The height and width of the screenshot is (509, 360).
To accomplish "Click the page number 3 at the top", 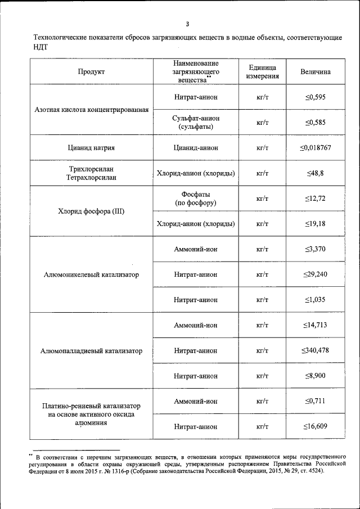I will pos(187,24).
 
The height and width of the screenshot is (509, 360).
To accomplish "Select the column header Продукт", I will pos(91,72).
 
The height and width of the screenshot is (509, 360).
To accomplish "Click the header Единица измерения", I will pos(262,72).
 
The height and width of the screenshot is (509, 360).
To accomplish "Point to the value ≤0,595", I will pos(316,97).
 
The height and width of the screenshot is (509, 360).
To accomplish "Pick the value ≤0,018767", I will pos(316,148).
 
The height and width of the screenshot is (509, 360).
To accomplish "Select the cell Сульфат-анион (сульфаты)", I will pos(195,123).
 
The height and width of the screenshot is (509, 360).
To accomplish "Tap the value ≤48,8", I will pos(316,173).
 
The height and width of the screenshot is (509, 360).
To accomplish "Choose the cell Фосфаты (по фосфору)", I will pos(195,199).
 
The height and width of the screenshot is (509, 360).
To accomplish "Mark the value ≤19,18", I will pos(316,224).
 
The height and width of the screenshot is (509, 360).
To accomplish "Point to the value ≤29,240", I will pos(316,274).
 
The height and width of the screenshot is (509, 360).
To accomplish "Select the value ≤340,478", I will pos(316,350).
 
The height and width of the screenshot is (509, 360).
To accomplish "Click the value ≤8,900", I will pos(316,376).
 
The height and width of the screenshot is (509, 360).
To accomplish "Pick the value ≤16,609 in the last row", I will pos(316,426).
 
